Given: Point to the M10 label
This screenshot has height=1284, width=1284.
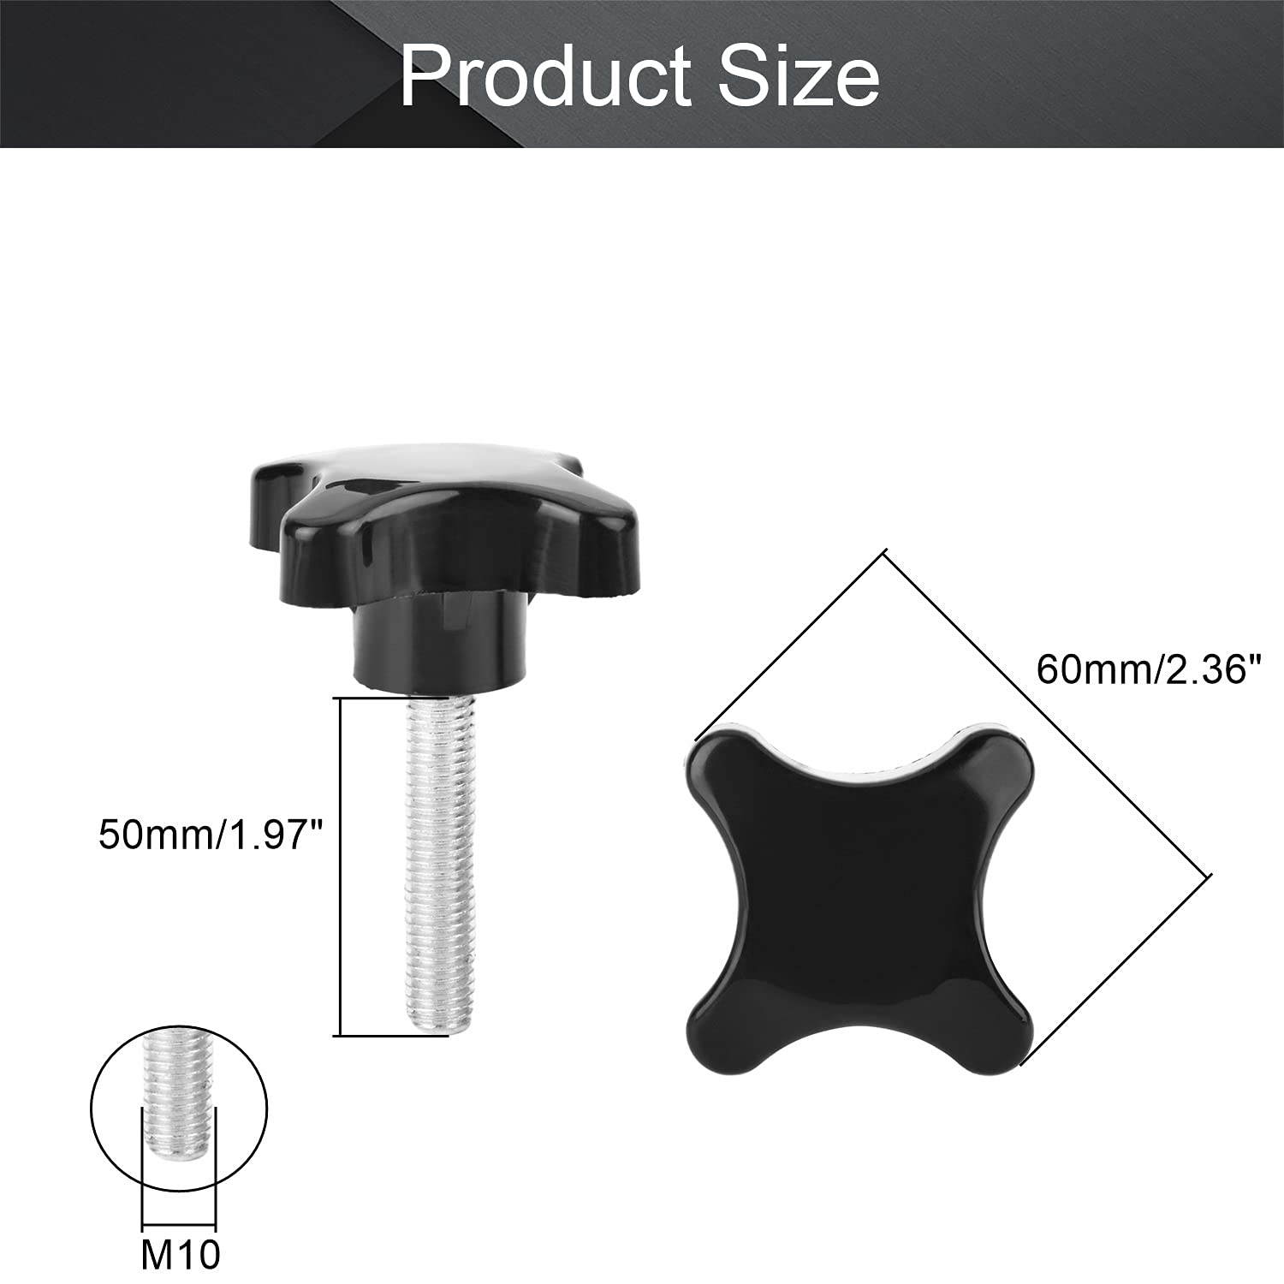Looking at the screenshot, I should (x=181, y=1254).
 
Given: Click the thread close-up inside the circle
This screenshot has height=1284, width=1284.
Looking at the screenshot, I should (x=179, y=1096).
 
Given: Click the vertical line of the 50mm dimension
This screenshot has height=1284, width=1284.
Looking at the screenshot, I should (x=342, y=866).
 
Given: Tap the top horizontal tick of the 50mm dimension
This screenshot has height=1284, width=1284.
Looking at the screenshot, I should (x=394, y=698).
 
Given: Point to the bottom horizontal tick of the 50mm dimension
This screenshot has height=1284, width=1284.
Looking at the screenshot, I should (x=394, y=1036).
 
